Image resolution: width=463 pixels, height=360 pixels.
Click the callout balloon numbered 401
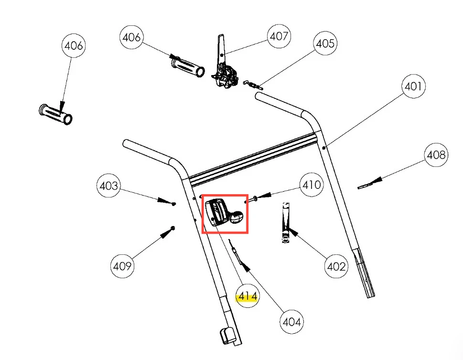click(413, 87)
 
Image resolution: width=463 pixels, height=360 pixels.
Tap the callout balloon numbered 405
click(325, 44)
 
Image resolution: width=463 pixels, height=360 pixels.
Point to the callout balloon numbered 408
click(436, 155)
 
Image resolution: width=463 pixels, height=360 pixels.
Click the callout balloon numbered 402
click(336, 266)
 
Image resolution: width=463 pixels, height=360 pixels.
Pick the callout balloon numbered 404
click(292, 322)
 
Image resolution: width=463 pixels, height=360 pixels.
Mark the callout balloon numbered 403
click(109, 185)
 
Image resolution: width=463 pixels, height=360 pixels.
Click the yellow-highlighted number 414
click(248, 297)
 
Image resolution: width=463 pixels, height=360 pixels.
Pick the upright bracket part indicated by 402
click(285, 222)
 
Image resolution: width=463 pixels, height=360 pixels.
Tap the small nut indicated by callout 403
click(173, 203)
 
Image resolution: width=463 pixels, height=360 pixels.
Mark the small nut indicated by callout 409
click(172, 228)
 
